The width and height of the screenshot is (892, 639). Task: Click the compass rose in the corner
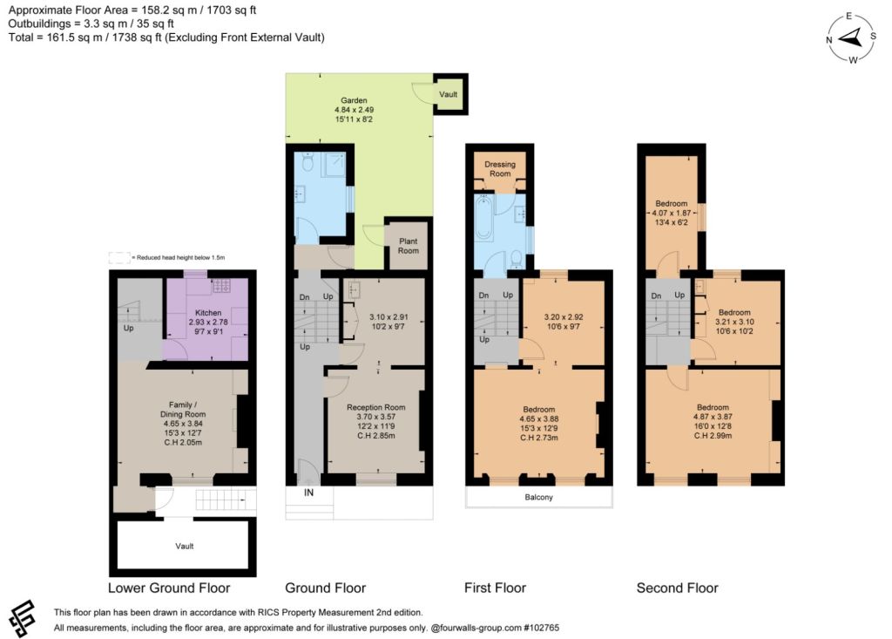pos(851,38)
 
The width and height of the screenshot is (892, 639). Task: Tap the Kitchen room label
pos(208,313)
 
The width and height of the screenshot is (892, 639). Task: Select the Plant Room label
pos(409,246)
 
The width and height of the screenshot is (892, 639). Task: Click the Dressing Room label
pos(500,168)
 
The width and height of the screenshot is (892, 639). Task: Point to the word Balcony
pos(538,497)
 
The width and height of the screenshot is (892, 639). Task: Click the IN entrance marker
pos(309,493)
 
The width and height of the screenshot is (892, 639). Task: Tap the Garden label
pos(354,100)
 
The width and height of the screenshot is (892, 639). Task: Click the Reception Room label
pos(376,407)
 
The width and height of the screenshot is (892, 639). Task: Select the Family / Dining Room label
pos(183,410)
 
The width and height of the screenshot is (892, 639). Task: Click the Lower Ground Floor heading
pos(169,588)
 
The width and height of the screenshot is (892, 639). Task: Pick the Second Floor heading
pos(678,588)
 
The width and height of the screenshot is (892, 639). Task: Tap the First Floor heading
pos(495,588)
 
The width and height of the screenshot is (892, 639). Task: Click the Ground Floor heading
pos(326,588)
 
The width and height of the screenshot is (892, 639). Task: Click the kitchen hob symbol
pos(220,286)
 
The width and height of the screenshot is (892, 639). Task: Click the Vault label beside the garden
pos(449,94)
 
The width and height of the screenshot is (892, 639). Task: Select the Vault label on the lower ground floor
pos(185,547)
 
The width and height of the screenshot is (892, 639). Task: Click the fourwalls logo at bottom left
pos(23,619)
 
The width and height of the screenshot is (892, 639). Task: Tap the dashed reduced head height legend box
pos(118,258)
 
